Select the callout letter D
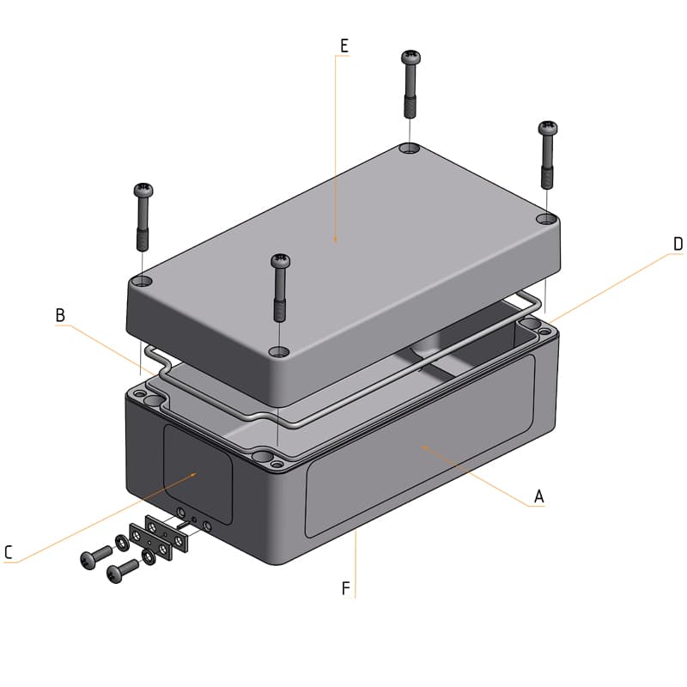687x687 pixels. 678,244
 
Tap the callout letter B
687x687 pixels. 60,315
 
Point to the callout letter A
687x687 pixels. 538,496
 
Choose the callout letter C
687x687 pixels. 9,553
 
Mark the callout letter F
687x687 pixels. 345,588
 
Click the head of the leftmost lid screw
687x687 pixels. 143,189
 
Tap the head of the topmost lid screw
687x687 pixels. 410,58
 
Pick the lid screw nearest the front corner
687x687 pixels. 280,260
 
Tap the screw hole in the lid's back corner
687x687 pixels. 410,149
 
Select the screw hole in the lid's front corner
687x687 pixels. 278,351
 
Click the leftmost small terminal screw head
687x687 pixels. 87,560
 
